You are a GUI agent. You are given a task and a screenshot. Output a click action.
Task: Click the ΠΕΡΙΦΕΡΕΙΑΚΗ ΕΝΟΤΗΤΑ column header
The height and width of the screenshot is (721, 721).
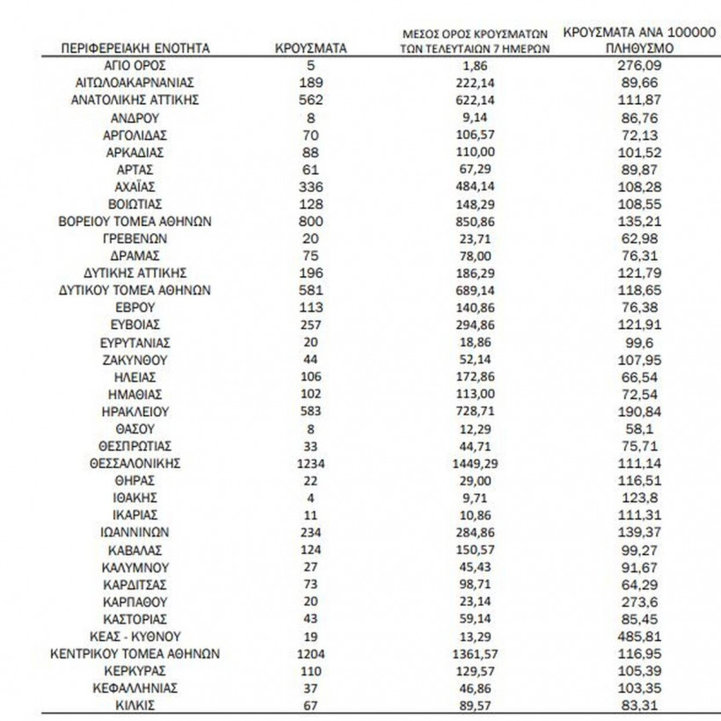click(x=135, y=48)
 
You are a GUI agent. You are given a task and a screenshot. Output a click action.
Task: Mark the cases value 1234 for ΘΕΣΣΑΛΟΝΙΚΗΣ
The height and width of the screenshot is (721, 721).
click(x=311, y=462)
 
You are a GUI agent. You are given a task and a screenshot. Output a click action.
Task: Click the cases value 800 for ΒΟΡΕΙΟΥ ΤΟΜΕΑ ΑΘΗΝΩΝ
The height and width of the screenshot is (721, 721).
click(x=311, y=221)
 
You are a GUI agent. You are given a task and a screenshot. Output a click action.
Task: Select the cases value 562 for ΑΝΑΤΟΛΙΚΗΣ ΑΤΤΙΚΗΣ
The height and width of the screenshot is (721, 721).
click(x=311, y=100)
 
